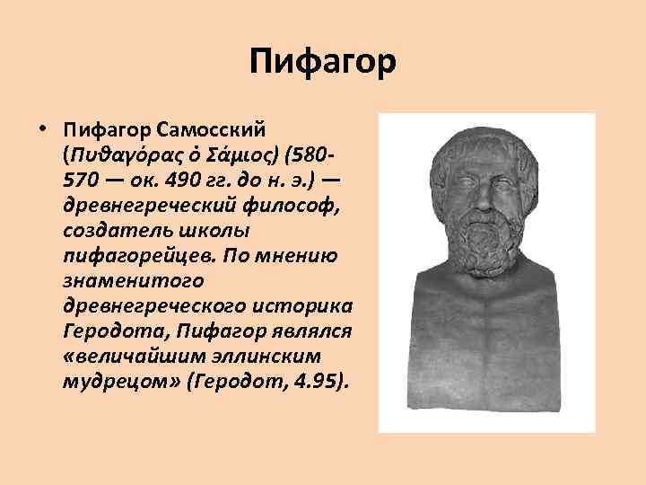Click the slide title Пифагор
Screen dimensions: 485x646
click(323, 64)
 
